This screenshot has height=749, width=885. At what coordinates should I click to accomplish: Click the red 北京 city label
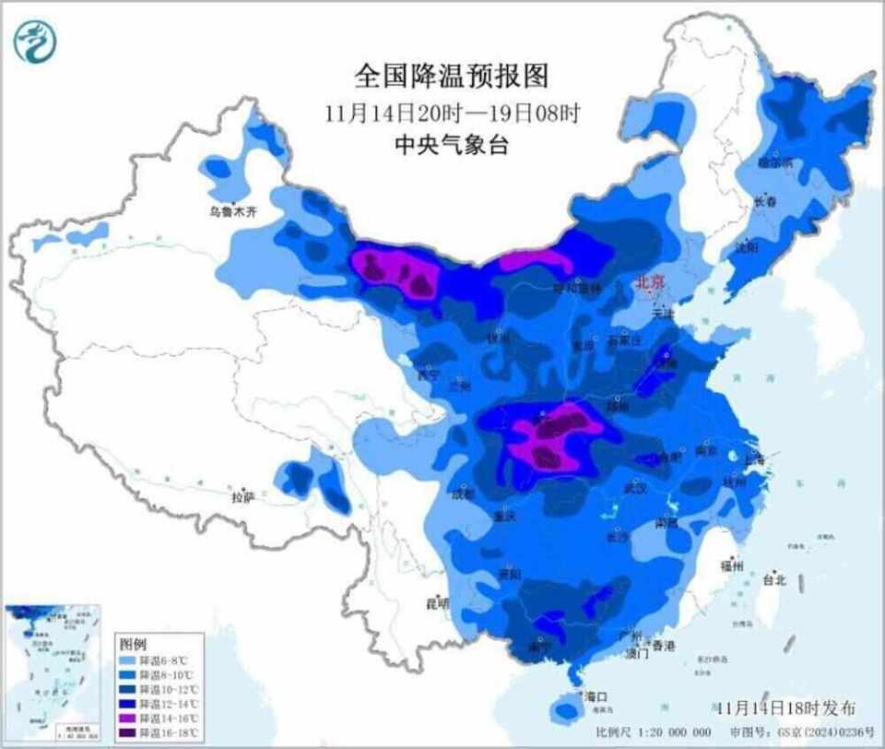(650, 283)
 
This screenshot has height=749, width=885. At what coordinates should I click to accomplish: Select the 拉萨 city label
(242, 498)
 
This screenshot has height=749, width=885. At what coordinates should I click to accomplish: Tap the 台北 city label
(773, 580)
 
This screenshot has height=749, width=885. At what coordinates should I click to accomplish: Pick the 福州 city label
(734, 566)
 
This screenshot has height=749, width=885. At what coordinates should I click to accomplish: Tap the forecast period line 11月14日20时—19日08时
(452, 113)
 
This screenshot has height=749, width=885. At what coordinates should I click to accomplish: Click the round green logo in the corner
(35, 41)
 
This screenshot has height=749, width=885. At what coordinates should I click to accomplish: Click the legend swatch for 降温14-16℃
(131, 718)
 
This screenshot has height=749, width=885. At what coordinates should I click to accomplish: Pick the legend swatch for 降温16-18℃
(131, 731)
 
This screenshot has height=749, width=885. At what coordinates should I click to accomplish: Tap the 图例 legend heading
(134, 643)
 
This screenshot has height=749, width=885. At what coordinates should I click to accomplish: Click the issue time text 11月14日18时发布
(786, 707)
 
